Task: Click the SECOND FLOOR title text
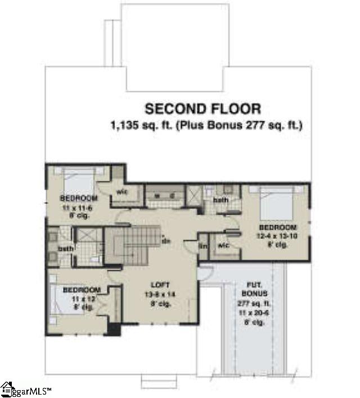202,109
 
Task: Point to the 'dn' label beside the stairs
166,241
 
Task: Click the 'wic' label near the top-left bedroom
123,191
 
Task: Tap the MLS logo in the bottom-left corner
26,389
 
